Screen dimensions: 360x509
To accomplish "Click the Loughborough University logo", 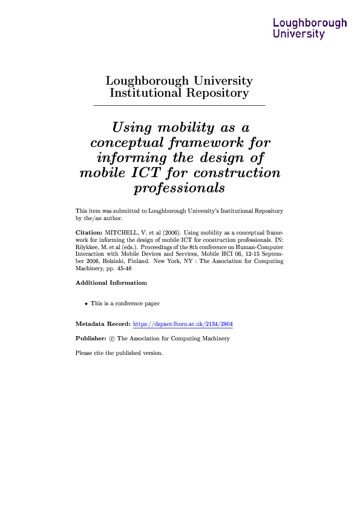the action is pos(310,28).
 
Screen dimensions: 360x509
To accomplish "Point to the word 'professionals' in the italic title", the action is pos(179,188).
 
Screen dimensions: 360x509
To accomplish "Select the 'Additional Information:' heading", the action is pos(111,282).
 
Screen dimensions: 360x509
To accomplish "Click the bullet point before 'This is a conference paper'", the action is pos(86,303).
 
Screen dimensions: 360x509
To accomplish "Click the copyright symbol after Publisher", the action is pos(112,339).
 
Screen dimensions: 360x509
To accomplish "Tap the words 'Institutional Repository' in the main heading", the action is pos(179,93).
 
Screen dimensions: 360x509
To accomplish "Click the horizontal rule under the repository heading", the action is pos(179,106).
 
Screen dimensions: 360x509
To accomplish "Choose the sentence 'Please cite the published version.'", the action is pos(119,353).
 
